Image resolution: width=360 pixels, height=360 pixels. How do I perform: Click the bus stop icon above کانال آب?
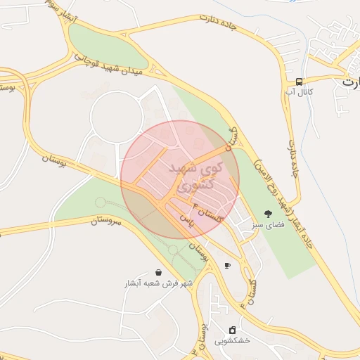pos(300,81)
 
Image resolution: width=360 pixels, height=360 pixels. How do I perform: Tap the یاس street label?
pos(187,219)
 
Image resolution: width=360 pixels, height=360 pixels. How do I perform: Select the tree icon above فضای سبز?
pos(267,213)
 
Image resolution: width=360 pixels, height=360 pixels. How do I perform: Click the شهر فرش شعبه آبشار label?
pos(158,283)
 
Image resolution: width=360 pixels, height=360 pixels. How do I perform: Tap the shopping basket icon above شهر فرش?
pos(158,272)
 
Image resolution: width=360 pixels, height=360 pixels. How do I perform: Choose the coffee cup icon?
pos(226,265)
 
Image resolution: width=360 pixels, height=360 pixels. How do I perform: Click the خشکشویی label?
pos(232,342)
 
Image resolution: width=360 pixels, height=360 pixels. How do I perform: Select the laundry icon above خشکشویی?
pos(232,330)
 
